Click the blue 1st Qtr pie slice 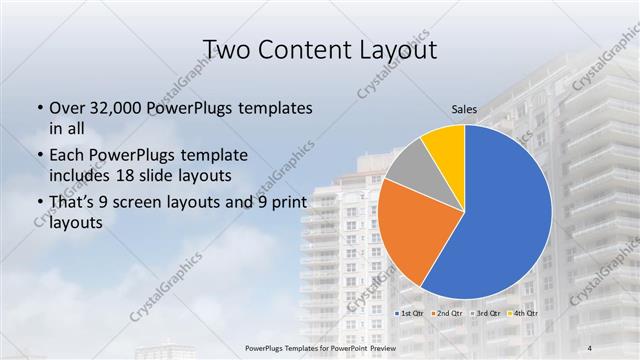tap(500, 220)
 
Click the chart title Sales tap(464, 109)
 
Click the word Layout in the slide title tap(398, 49)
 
